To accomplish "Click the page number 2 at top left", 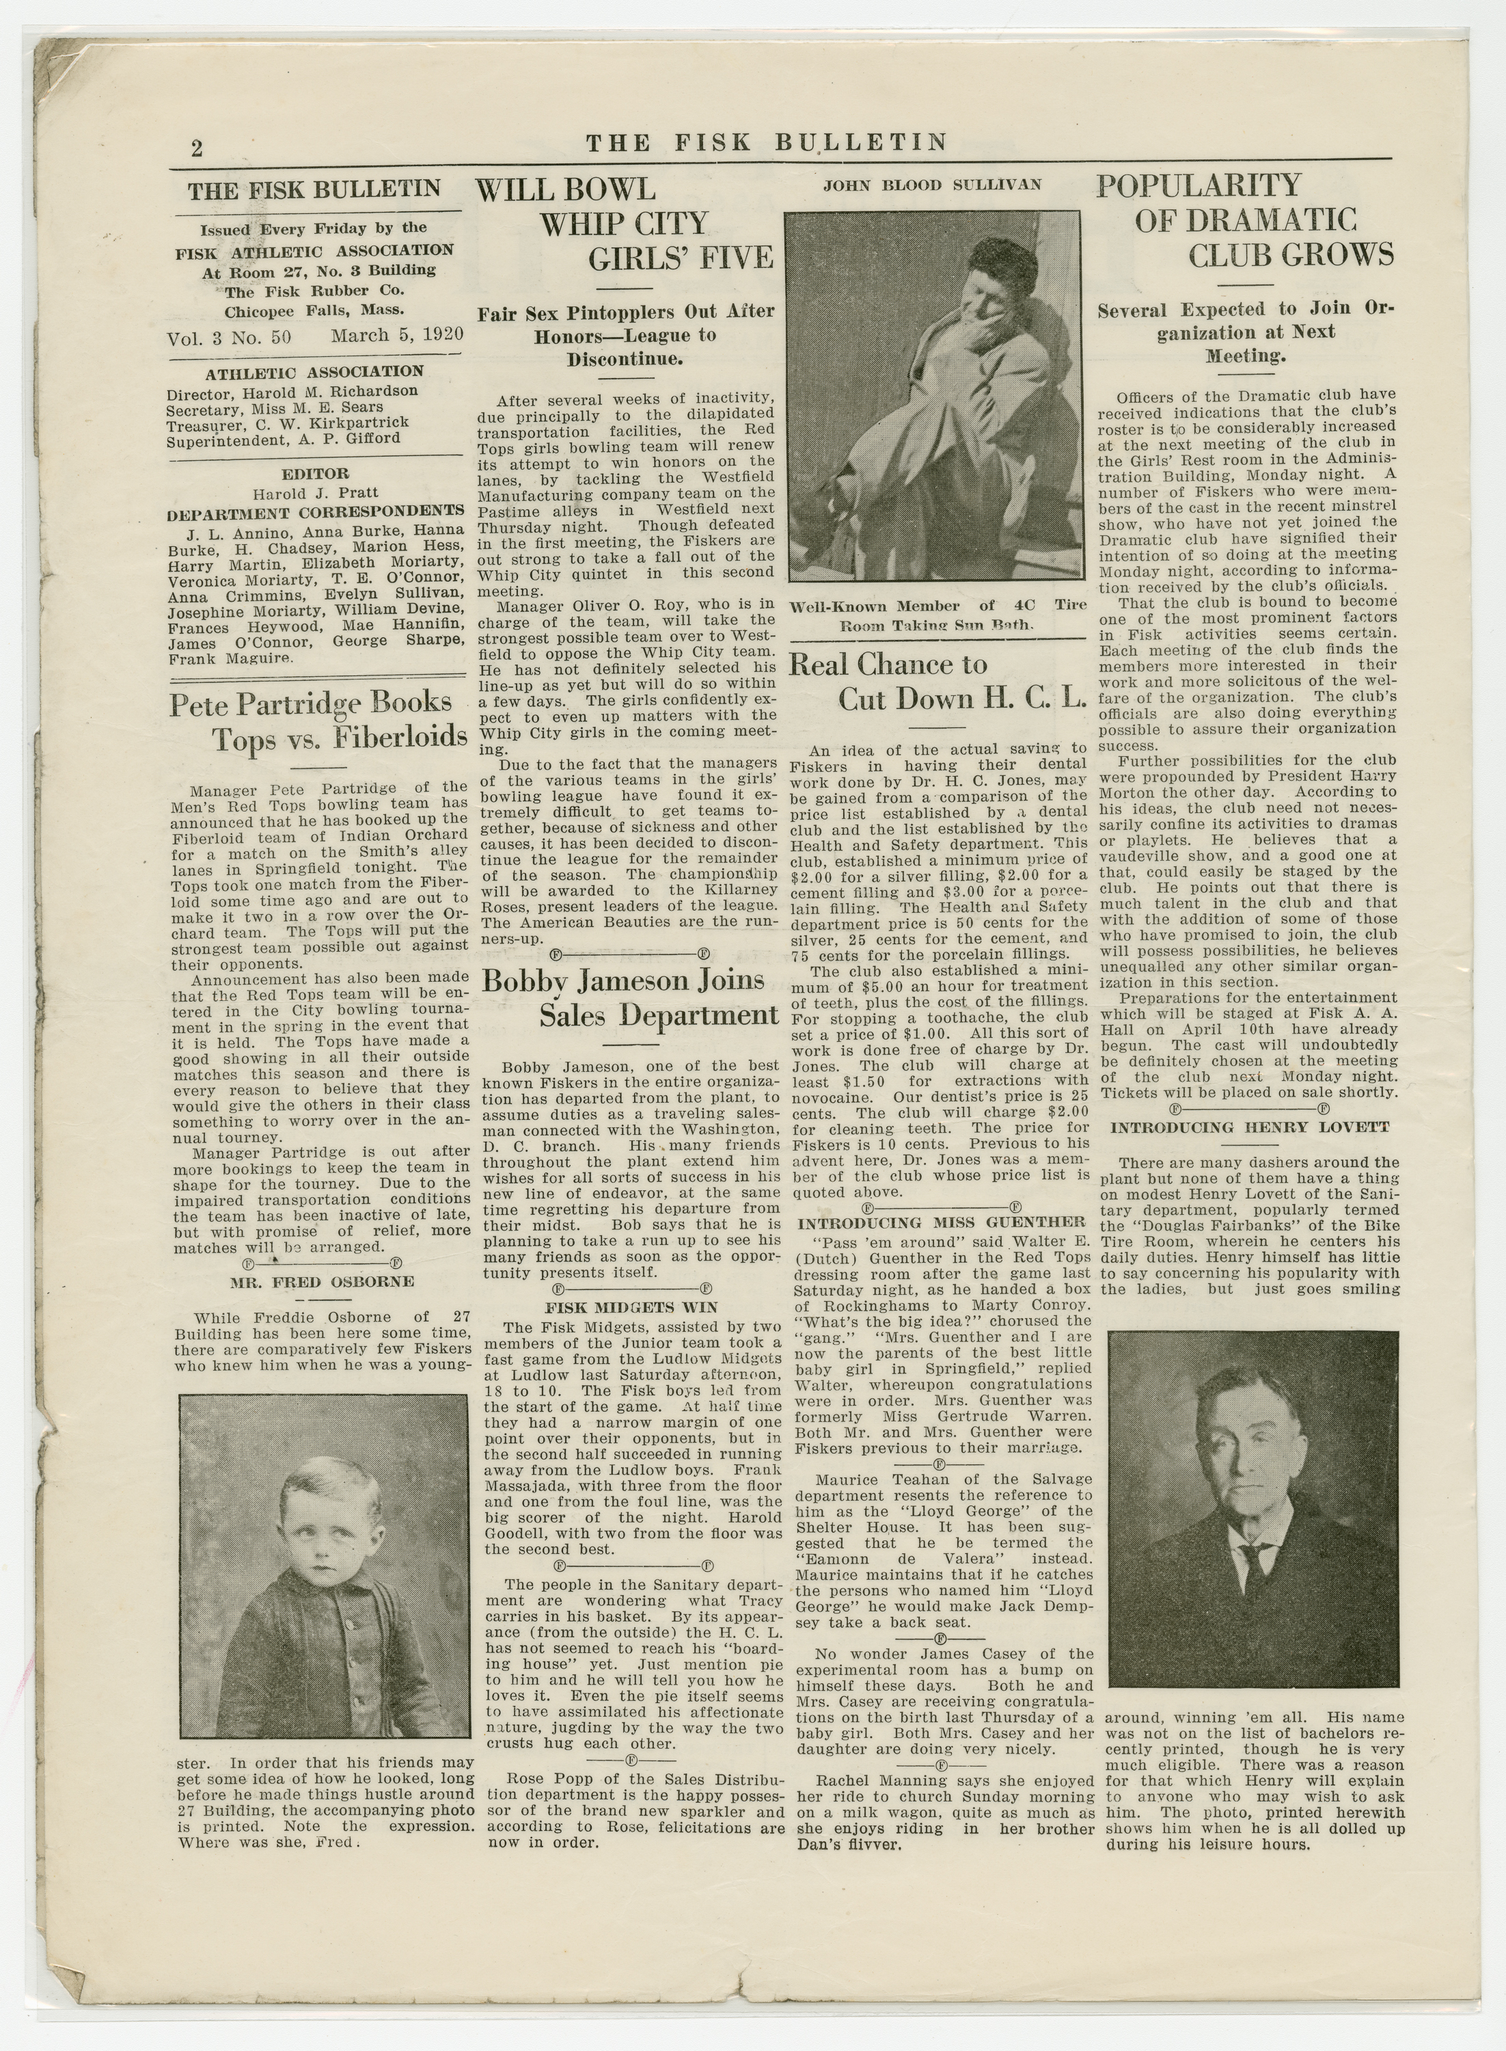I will [197, 148].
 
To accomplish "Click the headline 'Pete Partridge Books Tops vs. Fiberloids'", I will [319, 719].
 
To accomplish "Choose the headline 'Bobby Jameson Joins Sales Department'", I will [630, 999].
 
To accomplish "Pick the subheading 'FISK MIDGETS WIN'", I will [630, 1307].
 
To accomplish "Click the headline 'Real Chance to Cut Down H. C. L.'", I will [937, 680].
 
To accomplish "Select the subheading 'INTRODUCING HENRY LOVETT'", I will [1250, 1127].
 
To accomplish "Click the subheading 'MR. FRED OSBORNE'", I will [321, 1281].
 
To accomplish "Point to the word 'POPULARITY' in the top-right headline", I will [1199, 185].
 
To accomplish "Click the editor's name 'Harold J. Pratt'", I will [316, 494].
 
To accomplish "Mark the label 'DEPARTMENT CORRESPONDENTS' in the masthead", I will [316, 511].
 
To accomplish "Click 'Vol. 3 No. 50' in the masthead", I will [228, 336].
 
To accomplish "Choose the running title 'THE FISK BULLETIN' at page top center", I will [766, 142].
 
